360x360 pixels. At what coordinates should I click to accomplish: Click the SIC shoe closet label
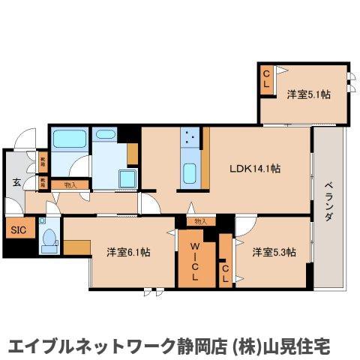(17, 230)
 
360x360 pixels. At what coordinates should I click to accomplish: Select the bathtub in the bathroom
(68, 139)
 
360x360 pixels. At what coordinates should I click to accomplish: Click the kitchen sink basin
(190, 174)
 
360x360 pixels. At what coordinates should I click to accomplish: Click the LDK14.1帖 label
(255, 168)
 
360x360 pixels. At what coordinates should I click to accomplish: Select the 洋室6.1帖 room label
(128, 252)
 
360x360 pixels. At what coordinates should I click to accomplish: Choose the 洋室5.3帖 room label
(273, 252)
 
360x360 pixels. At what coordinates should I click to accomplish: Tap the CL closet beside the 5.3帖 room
(225, 271)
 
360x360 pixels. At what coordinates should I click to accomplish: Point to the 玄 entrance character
(15, 183)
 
